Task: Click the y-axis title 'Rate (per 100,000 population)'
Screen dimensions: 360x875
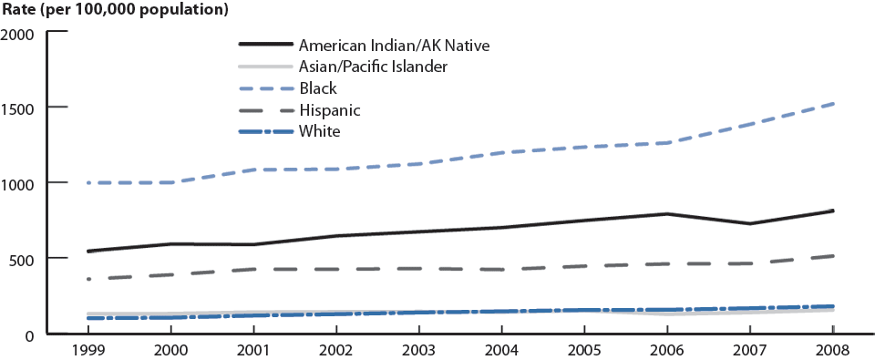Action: coord(115,11)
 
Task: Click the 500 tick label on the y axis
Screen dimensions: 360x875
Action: coord(22,259)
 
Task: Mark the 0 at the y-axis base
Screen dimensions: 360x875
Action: coord(30,334)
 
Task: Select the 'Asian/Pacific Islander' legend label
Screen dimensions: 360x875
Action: coord(373,66)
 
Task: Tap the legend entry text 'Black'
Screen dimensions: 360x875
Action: coord(318,88)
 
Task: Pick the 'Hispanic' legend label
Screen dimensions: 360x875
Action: coord(329,110)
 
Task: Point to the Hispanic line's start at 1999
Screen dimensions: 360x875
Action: coord(88,279)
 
